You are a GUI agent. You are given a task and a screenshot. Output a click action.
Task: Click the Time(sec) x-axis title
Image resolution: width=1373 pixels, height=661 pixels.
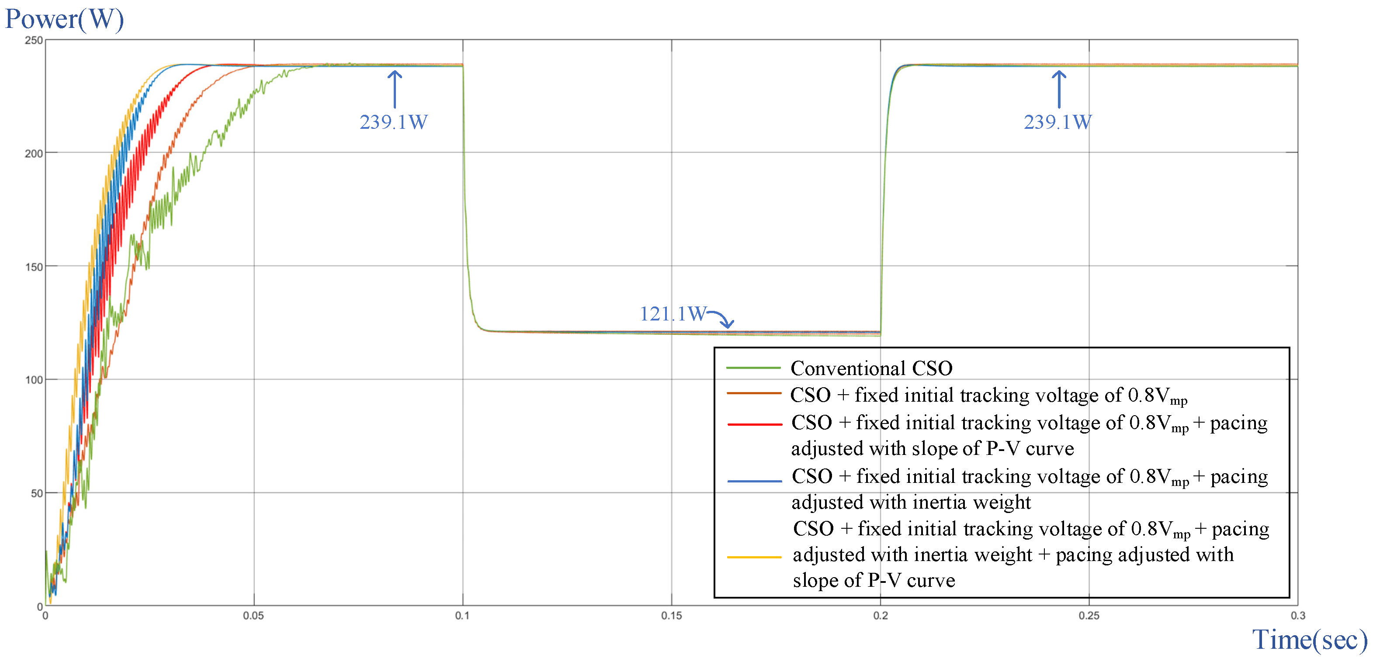(x=1309, y=639)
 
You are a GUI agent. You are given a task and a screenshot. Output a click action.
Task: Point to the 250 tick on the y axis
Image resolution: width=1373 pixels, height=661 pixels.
(x=34, y=41)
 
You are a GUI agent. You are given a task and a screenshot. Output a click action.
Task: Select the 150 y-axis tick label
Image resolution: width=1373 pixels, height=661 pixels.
(x=34, y=267)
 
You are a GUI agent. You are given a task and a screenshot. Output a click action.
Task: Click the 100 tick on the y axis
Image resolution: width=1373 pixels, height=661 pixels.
(x=34, y=380)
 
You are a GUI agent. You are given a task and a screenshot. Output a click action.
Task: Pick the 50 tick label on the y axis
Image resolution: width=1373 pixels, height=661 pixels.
(x=36, y=494)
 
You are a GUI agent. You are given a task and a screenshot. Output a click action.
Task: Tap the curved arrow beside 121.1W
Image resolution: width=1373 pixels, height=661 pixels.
(x=722, y=319)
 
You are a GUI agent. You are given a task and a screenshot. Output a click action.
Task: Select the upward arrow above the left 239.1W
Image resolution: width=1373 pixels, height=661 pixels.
(x=395, y=89)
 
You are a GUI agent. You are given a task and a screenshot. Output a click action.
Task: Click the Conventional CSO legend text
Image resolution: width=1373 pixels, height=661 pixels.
(x=871, y=368)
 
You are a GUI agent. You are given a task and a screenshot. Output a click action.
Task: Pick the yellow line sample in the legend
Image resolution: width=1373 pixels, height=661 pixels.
(x=754, y=557)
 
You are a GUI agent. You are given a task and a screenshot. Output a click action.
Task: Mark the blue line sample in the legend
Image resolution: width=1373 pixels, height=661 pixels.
(x=754, y=481)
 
